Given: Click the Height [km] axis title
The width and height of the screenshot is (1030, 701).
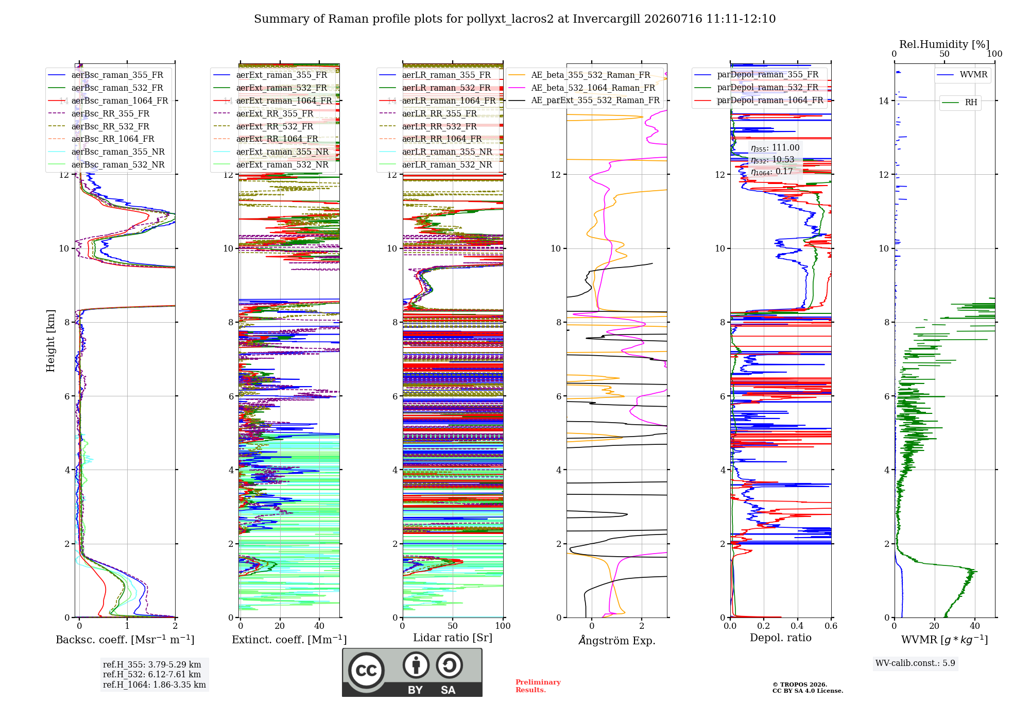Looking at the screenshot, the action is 50,341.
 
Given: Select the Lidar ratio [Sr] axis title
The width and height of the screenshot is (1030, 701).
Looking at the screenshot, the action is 453,638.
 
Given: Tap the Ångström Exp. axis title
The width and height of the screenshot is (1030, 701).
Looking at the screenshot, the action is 617,640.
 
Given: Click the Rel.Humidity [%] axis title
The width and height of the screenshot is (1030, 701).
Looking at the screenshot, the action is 945,44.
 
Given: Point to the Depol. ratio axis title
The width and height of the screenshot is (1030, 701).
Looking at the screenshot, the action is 781,638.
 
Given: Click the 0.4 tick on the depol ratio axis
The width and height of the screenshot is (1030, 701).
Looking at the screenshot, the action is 797,626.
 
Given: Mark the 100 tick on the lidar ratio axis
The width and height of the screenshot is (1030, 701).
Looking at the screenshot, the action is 503,626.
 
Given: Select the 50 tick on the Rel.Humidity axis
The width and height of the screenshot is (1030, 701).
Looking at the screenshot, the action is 945,54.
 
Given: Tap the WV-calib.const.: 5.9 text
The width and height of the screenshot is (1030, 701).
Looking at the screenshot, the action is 915,663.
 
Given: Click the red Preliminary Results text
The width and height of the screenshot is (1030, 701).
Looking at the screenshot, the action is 538,686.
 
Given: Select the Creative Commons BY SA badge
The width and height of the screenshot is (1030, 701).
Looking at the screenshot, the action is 413,673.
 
